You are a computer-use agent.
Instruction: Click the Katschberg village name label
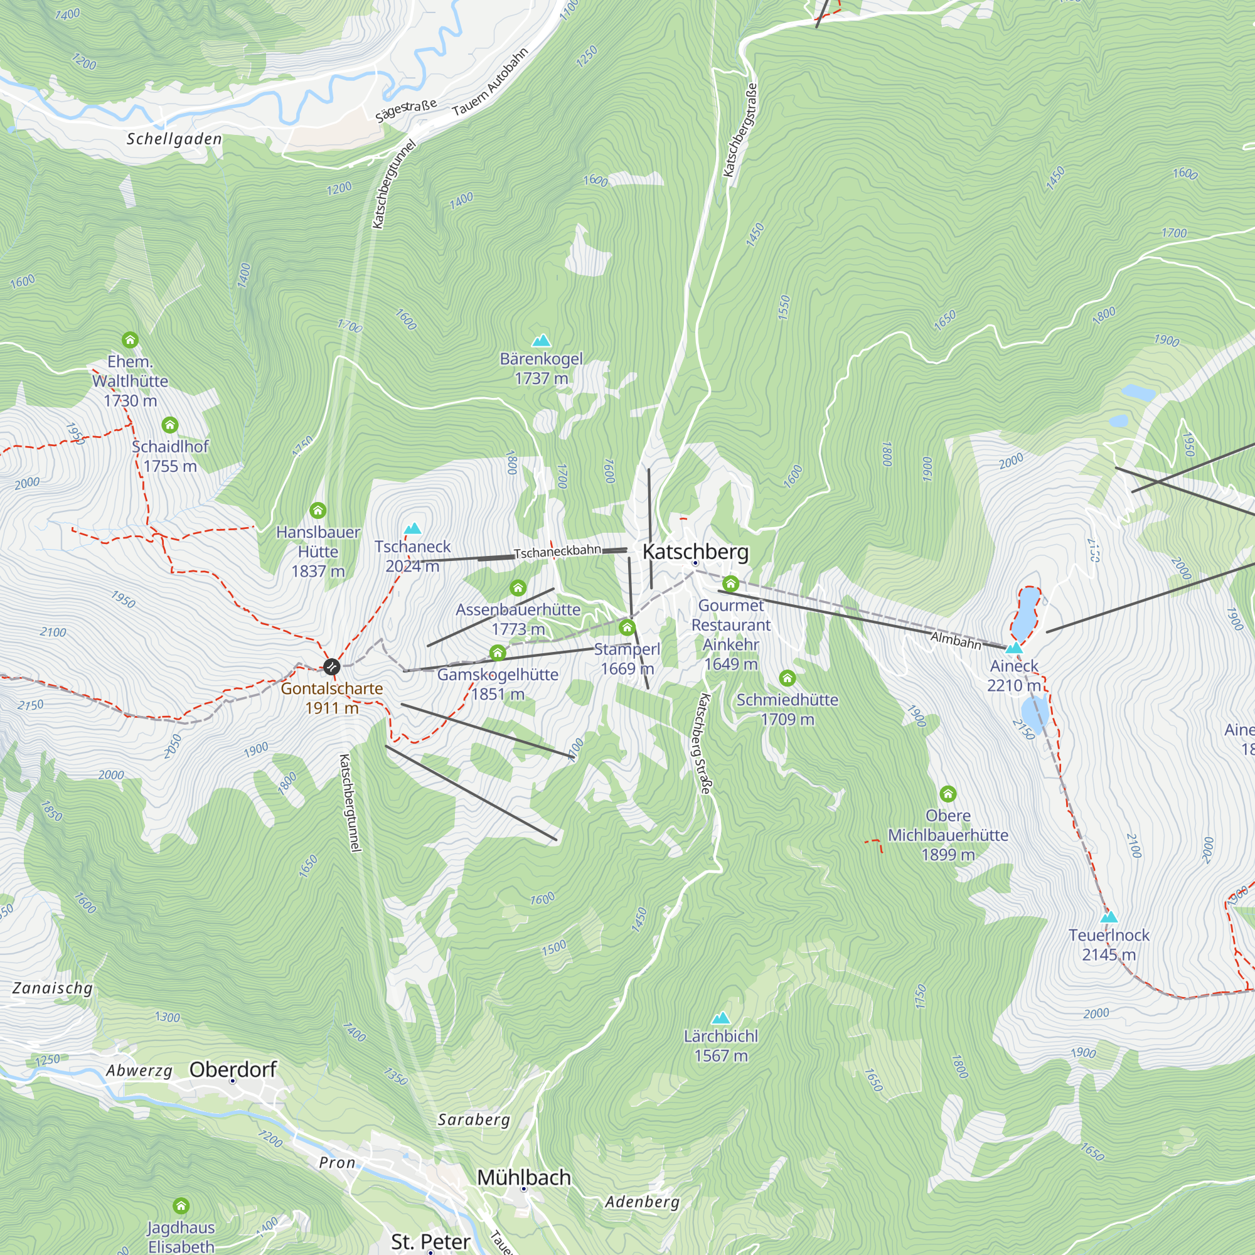(695, 552)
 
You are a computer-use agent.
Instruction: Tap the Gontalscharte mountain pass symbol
(331, 666)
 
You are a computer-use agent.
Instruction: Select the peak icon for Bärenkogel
(541, 341)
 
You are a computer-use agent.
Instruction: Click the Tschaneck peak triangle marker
(412, 529)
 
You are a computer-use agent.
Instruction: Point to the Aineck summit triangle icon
(1014, 648)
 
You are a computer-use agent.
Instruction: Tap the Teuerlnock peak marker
(1109, 918)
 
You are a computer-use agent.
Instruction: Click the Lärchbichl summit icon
(721, 1018)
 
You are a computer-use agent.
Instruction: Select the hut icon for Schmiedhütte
(788, 679)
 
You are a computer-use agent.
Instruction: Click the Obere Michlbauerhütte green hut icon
(948, 794)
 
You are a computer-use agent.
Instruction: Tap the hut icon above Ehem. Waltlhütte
(130, 339)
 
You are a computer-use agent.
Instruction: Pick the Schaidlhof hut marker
(170, 425)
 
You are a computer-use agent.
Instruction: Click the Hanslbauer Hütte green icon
(318, 511)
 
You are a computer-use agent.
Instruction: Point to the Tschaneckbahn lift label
(557, 552)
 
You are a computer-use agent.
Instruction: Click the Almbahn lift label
(956, 641)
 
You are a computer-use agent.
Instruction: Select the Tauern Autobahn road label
(490, 82)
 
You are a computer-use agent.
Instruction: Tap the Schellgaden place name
(174, 139)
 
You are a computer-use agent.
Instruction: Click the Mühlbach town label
(523, 1177)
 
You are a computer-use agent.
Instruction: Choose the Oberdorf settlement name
(233, 1069)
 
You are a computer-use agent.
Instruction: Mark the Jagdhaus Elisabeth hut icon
(181, 1206)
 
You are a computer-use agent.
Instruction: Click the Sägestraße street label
(406, 110)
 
